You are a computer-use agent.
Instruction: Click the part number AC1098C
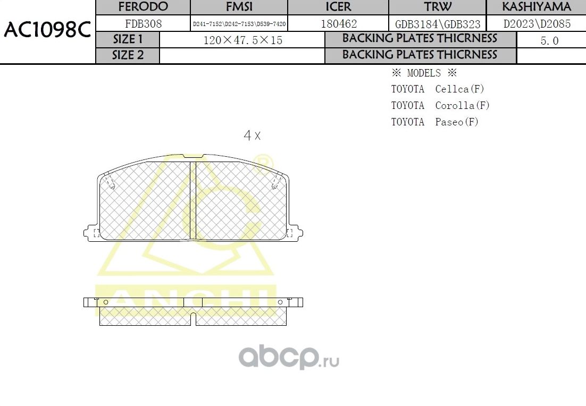coord(47,30)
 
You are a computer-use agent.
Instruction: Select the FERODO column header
coord(143,7)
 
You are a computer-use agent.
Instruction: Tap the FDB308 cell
coord(143,23)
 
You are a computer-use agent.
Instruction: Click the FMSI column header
coord(239,7)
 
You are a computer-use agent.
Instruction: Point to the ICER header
coord(338,7)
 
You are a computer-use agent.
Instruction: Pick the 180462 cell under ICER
coord(339,23)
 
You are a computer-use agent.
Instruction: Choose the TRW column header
coord(438,7)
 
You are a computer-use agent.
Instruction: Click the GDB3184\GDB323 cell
coord(438,24)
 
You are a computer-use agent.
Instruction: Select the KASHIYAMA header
coord(537,7)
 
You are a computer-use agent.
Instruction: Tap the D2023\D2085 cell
coord(537,24)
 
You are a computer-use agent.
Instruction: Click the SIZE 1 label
coord(128,39)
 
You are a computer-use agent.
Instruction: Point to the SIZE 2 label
coord(128,55)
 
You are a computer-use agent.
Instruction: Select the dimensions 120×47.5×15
coord(242,40)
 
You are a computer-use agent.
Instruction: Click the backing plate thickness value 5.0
coord(549,40)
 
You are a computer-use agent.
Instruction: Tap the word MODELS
coord(424,73)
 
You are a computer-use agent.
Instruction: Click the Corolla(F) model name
coord(462,105)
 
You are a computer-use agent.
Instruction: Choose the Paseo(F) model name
coord(457,122)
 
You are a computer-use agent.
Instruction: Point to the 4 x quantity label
coord(252,136)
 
